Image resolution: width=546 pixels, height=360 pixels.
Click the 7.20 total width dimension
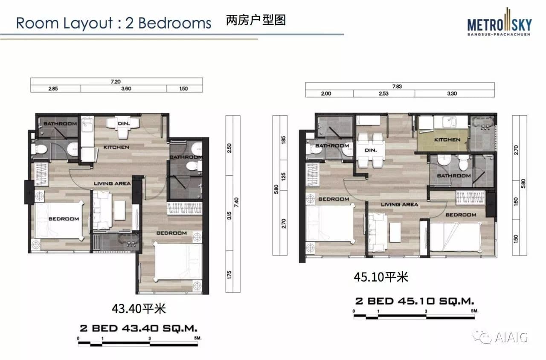point(116,81)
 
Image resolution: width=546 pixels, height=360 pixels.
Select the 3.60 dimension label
point(126,89)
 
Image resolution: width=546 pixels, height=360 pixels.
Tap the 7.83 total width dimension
point(397,87)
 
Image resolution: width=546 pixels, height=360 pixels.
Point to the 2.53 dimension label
point(383,93)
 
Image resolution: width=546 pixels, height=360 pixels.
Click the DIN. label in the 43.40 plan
point(124,124)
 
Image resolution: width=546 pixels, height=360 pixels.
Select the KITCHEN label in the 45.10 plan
point(447,139)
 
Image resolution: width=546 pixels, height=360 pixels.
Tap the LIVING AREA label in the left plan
point(112,183)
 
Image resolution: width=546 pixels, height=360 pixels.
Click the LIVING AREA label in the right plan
point(400,204)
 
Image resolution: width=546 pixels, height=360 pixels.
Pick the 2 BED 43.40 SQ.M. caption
point(139,328)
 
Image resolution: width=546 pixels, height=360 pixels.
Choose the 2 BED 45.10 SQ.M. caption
point(415,301)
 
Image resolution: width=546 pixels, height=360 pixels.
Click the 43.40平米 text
point(139,309)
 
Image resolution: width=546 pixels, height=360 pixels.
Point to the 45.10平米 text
point(381,277)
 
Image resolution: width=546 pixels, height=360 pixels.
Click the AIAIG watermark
point(500,337)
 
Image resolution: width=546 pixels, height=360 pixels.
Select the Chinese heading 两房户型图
point(256,20)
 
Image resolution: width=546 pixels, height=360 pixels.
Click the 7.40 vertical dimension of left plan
point(236,202)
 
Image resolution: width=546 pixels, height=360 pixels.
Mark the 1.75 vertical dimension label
point(229,275)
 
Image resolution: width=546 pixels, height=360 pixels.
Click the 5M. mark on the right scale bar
point(475,311)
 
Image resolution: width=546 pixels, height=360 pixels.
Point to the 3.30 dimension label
point(452,93)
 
